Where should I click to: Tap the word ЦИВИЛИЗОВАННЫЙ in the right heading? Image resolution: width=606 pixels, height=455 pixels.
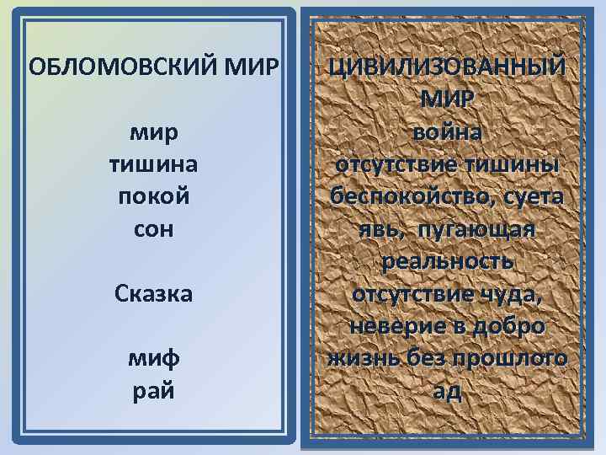point(447,67)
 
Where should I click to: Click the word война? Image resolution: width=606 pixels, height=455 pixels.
point(447,131)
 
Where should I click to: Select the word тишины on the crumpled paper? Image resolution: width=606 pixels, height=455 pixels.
point(511,163)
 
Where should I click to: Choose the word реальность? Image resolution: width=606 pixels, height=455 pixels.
point(447,261)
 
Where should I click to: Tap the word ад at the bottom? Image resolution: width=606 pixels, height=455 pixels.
point(447,392)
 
